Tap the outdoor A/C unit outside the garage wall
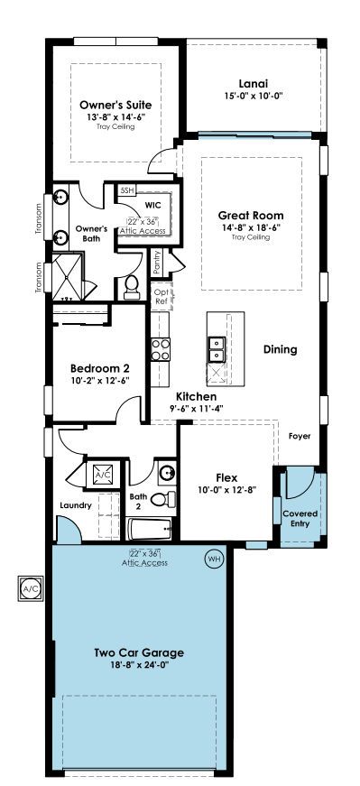[x=31, y=588]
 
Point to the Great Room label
[x=250, y=216]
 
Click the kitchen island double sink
[x=217, y=349]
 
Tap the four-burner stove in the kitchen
[x=161, y=349]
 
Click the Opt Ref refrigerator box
[x=162, y=297]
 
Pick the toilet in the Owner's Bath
[x=132, y=288]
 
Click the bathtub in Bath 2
[x=150, y=529]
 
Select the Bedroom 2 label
[x=100, y=368]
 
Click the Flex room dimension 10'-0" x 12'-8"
[x=226, y=490]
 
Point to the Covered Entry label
[x=300, y=519]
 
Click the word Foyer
[x=300, y=436]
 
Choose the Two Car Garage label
[x=139, y=652]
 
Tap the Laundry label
[x=76, y=505]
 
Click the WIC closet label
[x=152, y=206]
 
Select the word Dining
[x=281, y=349]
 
